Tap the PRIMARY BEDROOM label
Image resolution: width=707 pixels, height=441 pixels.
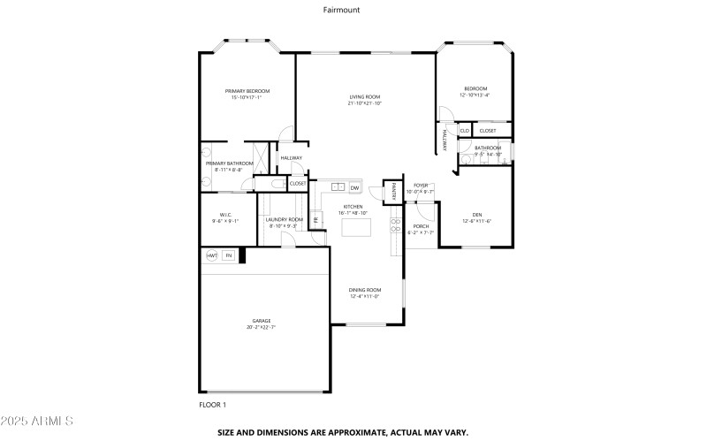(x=247, y=91)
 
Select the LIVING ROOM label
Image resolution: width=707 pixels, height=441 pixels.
(x=364, y=97)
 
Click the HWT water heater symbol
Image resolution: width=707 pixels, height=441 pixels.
(x=212, y=255)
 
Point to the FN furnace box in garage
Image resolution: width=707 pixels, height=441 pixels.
(x=228, y=255)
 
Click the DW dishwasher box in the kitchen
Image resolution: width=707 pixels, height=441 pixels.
(x=354, y=187)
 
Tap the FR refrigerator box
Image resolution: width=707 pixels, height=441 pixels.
(x=314, y=219)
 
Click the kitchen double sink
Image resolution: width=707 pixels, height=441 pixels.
(x=338, y=187)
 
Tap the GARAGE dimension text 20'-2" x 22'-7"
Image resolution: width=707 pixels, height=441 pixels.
(x=262, y=327)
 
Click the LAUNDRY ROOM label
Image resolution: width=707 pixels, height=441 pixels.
(x=285, y=219)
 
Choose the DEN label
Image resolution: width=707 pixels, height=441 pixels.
(x=476, y=215)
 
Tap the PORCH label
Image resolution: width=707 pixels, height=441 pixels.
(x=421, y=226)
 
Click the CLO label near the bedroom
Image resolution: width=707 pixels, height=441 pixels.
(x=464, y=131)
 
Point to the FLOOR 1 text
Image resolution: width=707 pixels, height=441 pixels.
(x=212, y=404)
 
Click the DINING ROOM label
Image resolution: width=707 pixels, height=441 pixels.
(x=364, y=290)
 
